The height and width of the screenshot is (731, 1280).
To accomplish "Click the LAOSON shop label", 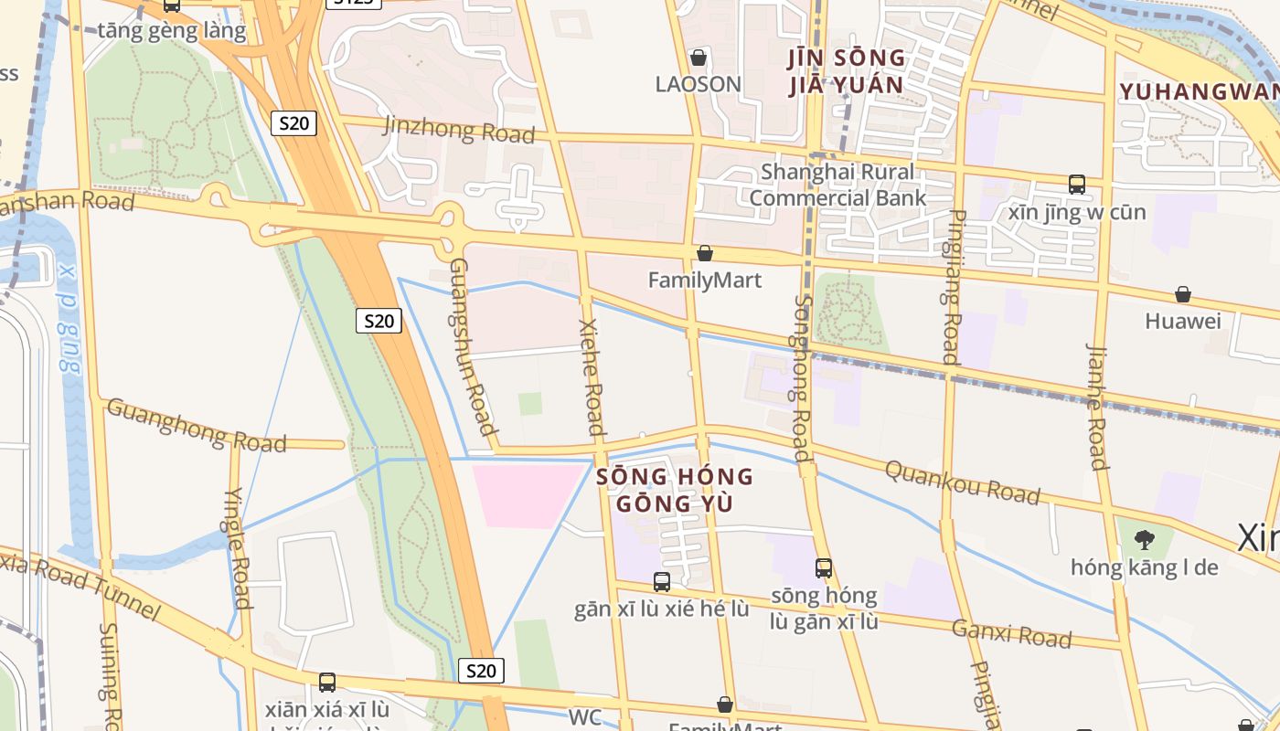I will coord(698,84).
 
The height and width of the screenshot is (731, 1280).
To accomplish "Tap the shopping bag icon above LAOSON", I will coord(699,58).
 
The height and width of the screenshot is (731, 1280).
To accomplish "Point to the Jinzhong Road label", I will coord(459,130).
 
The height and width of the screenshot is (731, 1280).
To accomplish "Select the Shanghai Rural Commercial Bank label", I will coord(837,185).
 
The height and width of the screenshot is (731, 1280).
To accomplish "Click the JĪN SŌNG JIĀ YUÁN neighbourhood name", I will coord(846,72).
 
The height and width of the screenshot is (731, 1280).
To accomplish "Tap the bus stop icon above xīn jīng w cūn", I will coord(1077,185).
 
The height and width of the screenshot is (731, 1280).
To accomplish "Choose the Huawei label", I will coord(1183,321).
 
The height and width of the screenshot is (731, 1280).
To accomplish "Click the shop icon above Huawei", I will coord(1183,294).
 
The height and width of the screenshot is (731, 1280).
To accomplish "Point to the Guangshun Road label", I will coord(474,346).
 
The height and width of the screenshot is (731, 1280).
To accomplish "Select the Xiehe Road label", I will coord(592,376).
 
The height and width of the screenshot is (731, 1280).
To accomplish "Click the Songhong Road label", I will coord(802,376).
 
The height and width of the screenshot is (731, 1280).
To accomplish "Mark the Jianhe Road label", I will coord(1097,406).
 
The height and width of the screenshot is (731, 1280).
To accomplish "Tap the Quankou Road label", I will coord(963,482).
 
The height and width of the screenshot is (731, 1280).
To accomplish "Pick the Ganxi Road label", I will coord(1011,632).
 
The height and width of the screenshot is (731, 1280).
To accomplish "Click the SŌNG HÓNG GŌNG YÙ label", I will coord(676,490).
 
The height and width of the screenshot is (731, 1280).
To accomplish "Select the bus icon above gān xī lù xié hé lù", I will coord(662,581).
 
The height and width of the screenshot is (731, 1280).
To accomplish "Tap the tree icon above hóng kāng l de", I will coord(1144,539).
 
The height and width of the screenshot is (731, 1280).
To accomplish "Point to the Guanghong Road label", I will coord(197,425).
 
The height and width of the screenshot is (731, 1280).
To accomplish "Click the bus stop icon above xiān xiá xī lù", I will coord(327,682).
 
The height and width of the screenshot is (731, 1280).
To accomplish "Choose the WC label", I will coord(585,717).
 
